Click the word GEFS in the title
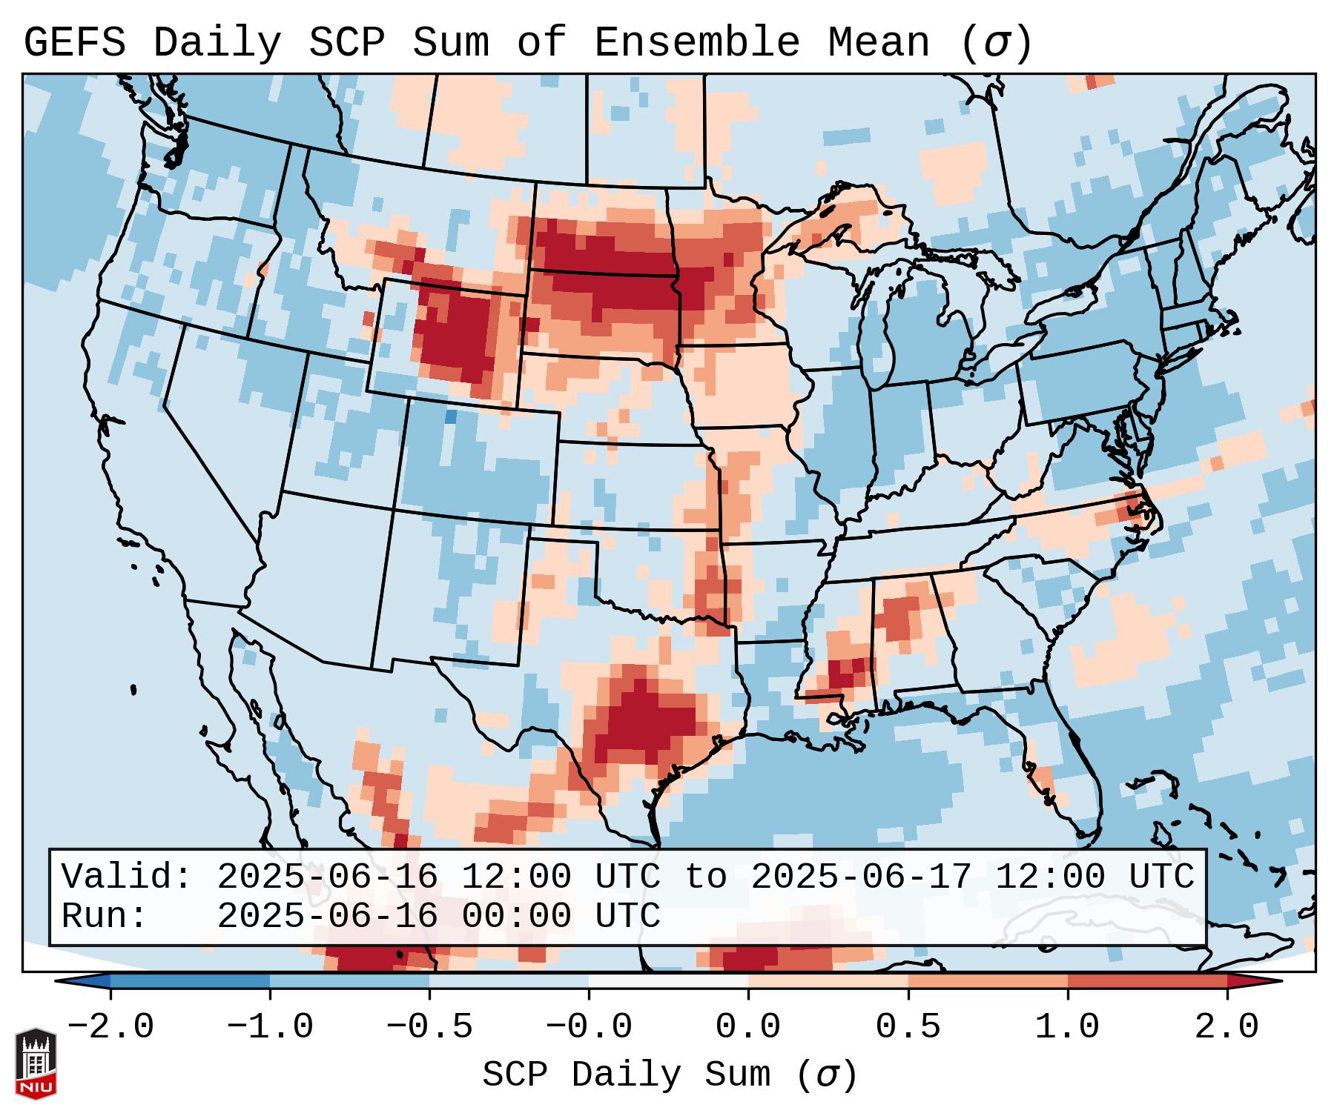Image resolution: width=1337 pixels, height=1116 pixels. point(74,43)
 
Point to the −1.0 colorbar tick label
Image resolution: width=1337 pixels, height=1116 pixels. point(269,1027)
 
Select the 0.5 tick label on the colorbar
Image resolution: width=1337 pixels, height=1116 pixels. point(908,1027)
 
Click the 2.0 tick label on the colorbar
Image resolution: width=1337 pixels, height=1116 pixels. point(1227,1027)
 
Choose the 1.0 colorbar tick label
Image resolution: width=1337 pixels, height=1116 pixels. point(1067,1027)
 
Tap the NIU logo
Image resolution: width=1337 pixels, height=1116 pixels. point(36,1063)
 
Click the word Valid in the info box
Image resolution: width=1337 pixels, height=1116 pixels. point(126,877)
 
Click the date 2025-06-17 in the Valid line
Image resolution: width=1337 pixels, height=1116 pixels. point(861,877)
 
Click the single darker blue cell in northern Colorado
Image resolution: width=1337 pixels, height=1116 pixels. point(450,416)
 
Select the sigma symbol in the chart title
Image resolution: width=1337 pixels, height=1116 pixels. point(996,43)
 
